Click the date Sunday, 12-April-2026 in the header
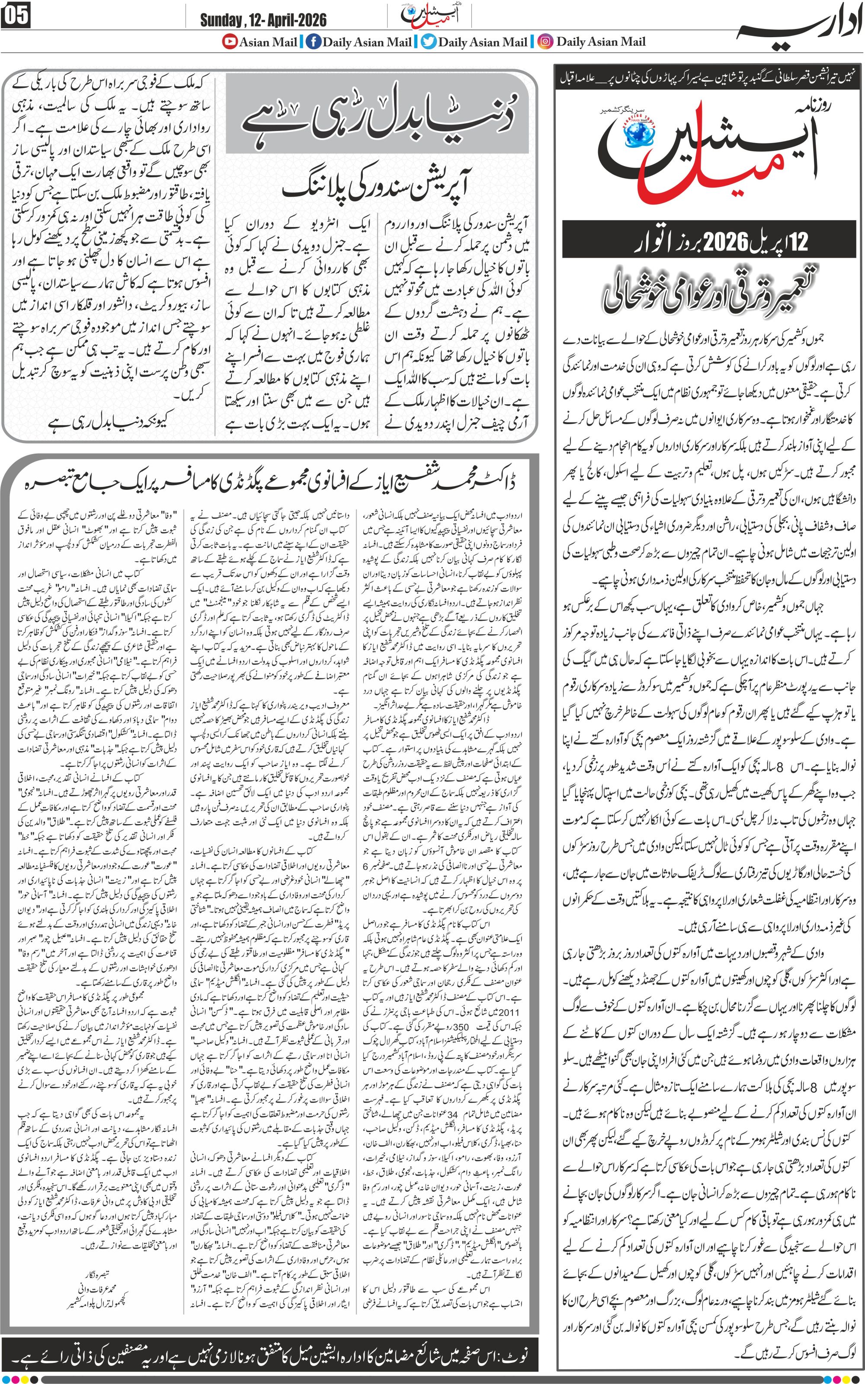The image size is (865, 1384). pos(263,21)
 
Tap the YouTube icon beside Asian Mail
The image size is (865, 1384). pos(230,42)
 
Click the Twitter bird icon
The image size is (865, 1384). pos(429,42)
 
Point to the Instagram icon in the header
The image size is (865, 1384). pos(546,42)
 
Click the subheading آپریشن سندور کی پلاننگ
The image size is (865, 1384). pos(379,188)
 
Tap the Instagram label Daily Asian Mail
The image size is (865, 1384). pos(601,42)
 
